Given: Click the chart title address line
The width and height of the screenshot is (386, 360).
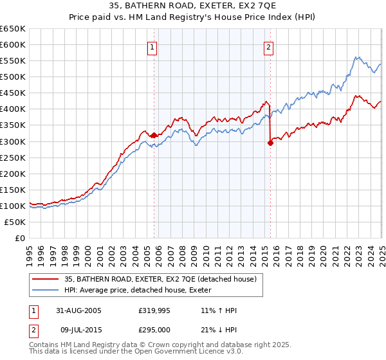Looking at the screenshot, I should point(193,6).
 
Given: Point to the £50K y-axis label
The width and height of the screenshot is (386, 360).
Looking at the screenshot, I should point(15,222).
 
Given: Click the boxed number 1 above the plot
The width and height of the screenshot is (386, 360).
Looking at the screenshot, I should point(152,46).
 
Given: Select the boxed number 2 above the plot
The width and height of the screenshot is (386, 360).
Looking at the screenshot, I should point(268,46).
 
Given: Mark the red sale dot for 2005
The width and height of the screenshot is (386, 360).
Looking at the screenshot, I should point(154,135).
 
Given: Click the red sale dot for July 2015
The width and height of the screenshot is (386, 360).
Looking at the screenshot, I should point(270,143).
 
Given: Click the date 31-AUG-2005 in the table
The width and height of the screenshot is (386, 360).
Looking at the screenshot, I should point(78,310).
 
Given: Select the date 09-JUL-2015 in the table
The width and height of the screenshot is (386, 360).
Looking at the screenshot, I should point(78,330).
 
